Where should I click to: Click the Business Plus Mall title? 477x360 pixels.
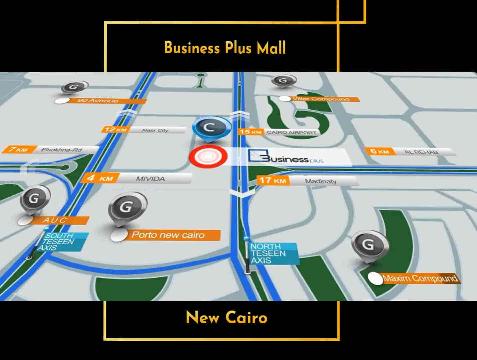coord(225,48)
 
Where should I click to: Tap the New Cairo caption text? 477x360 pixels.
coord(226,317)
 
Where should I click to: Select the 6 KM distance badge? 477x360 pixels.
coord(380,151)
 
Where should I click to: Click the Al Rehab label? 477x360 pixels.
coord(422,152)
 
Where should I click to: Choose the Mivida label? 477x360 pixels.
coord(151,179)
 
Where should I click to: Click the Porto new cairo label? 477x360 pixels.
coord(168,235)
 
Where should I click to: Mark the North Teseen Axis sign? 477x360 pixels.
coord(270,253)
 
